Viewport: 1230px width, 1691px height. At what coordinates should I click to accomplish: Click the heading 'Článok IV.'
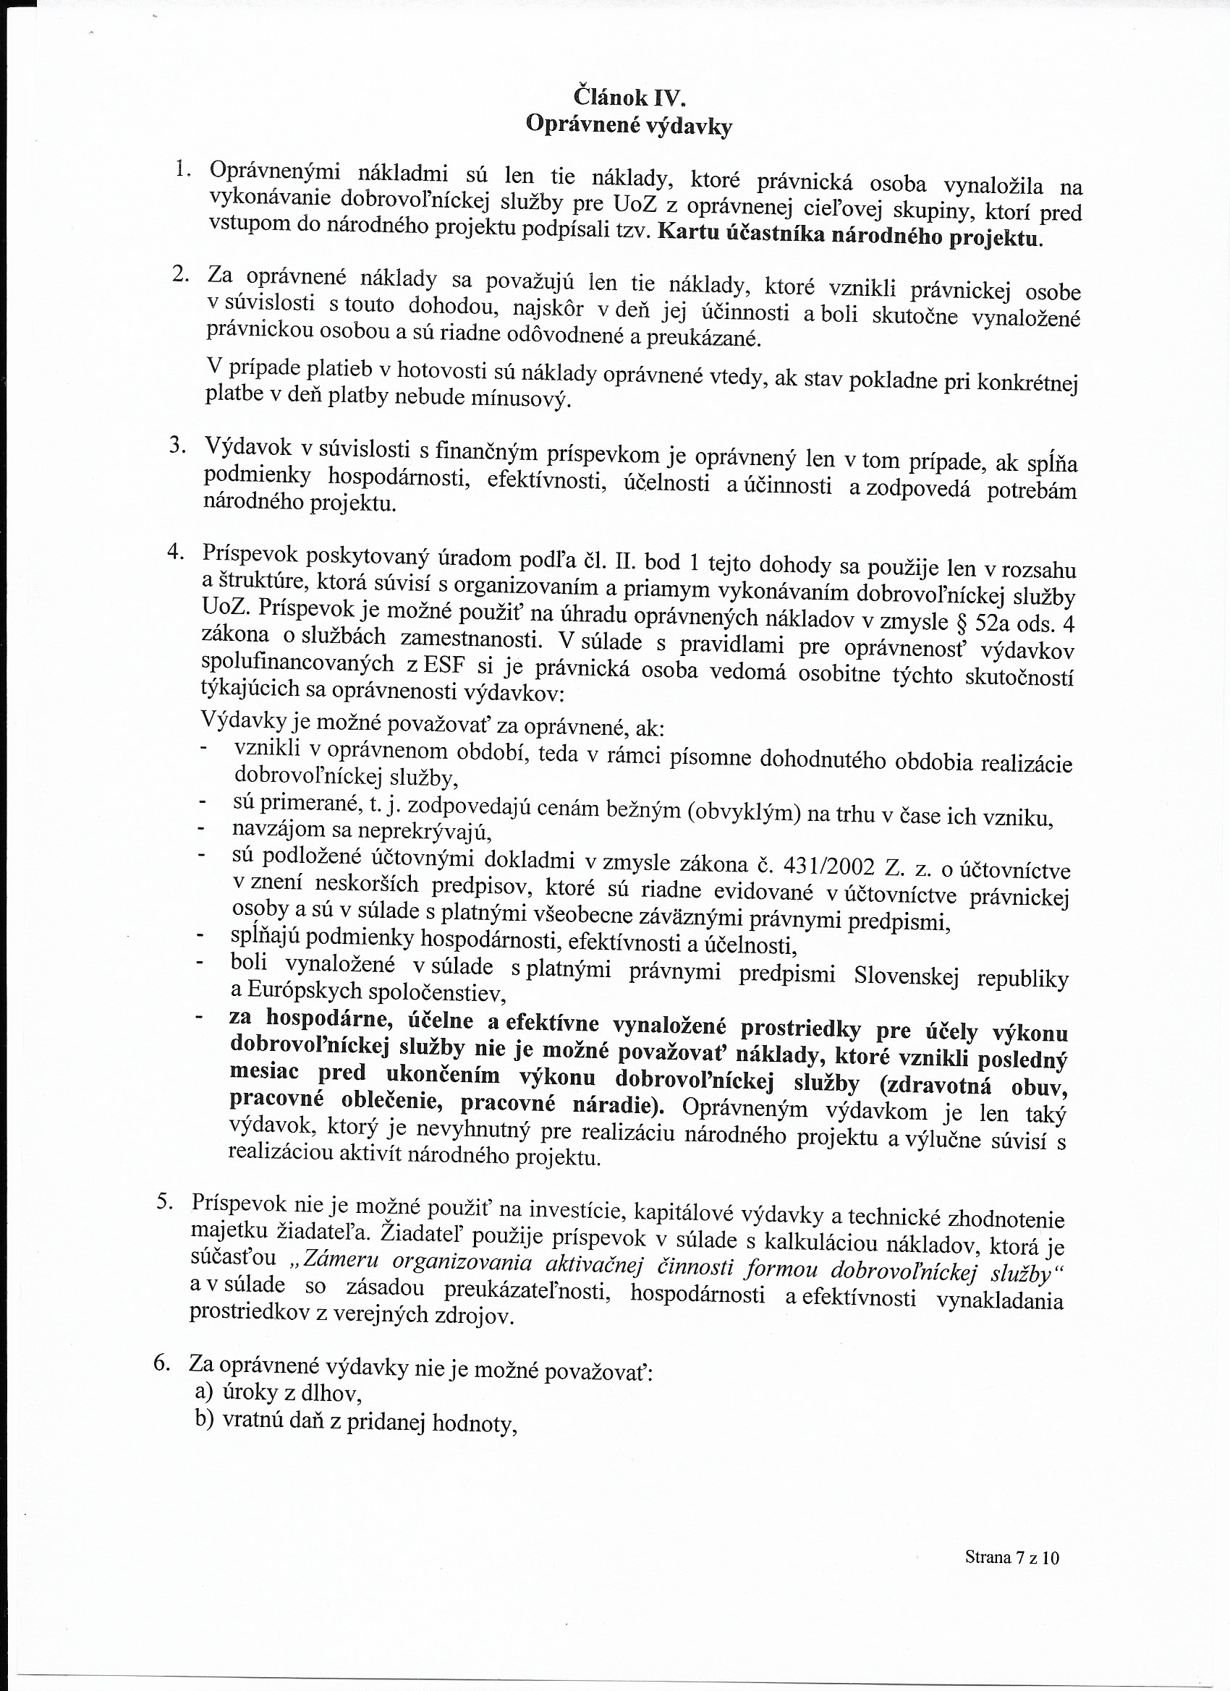pyautogui.click(x=628, y=97)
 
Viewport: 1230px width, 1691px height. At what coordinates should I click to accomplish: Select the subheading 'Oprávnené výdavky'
pyautogui.click(x=628, y=125)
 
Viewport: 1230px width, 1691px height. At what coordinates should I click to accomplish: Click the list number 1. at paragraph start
pyautogui.click(x=183, y=170)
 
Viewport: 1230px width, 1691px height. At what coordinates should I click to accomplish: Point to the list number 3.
pyautogui.click(x=177, y=445)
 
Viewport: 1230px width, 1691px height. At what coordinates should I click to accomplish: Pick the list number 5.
pyautogui.click(x=165, y=1202)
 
